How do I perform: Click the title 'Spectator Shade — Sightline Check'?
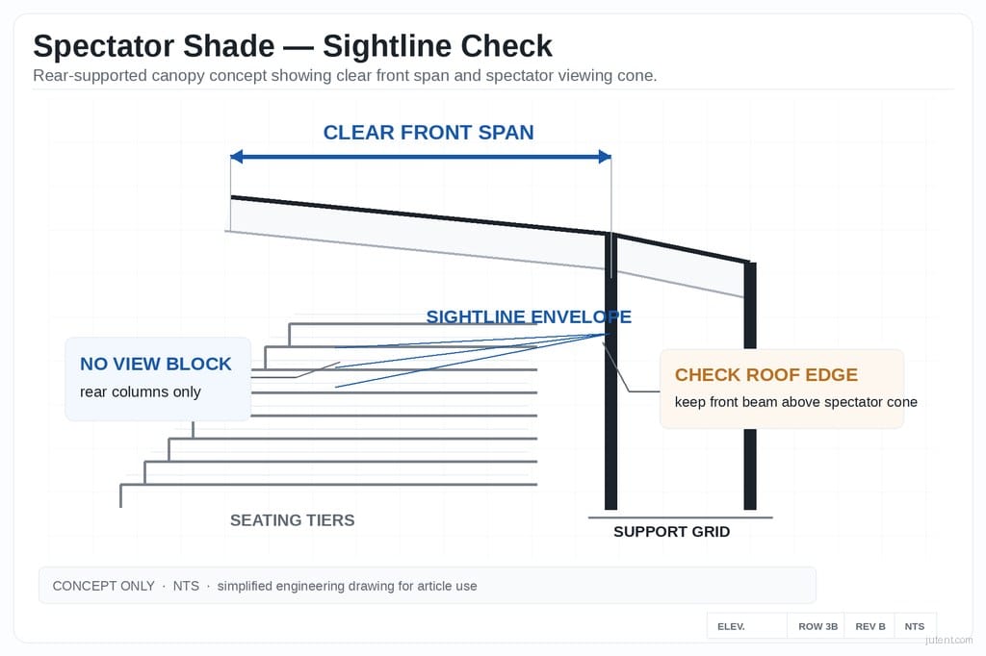(x=293, y=46)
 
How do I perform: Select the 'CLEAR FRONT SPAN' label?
(x=428, y=133)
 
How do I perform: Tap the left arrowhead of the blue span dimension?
(x=237, y=157)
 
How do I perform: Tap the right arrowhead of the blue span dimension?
(x=605, y=157)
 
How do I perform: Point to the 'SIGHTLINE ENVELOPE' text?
(x=529, y=316)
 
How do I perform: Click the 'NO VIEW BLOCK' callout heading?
(x=156, y=364)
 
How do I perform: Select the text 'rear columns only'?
(x=141, y=391)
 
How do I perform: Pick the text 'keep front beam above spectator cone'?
(x=795, y=402)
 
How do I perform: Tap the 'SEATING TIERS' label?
(x=292, y=520)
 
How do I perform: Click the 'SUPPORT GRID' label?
(x=671, y=532)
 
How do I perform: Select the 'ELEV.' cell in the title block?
(x=731, y=626)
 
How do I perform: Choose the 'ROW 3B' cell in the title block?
(x=817, y=626)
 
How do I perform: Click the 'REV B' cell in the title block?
(x=869, y=626)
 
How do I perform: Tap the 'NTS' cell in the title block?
(x=914, y=626)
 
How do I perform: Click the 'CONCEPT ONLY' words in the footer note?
(x=103, y=586)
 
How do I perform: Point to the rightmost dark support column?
(x=750, y=404)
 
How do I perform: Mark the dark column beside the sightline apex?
(x=610, y=433)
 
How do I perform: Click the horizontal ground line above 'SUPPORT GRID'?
(x=680, y=517)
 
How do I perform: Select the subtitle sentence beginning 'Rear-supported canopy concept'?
(x=345, y=76)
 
